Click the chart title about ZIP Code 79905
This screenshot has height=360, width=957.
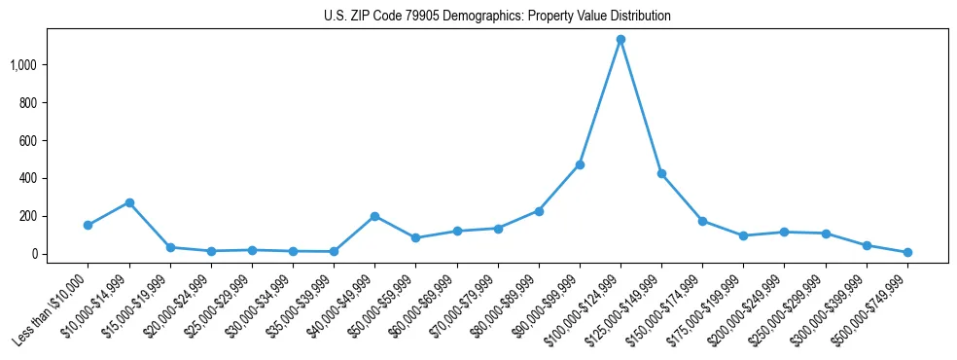(497, 17)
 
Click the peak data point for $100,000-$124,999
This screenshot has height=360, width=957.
(620, 40)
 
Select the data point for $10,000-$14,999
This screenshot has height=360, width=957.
(129, 202)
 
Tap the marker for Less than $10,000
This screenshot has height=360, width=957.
(89, 225)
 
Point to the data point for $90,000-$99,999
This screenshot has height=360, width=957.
(580, 164)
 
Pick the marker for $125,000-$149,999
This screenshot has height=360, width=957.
(661, 173)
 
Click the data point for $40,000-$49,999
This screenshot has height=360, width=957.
(374, 216)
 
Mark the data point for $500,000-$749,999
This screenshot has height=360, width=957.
(907, 252)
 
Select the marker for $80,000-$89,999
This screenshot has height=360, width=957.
(539, 211)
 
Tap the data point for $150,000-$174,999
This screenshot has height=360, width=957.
(702, 221)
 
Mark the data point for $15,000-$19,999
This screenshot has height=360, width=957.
(170, 247)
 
